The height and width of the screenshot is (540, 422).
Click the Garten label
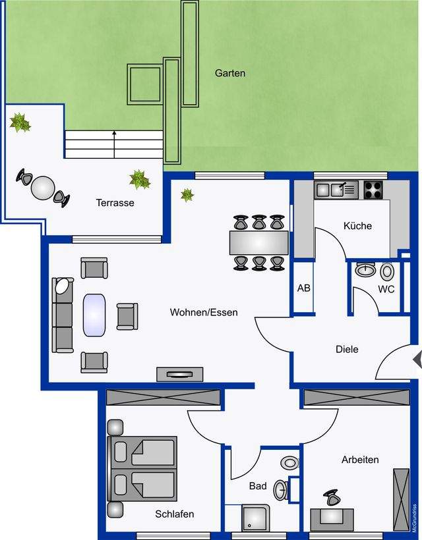[x=230, y=73]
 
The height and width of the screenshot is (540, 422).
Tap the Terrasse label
[x=115, y=203]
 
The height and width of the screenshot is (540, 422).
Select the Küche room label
[x=357, y=226]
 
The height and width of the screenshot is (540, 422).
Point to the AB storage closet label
[x=304, y=288]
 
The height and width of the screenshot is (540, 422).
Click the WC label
[x=386, y=289]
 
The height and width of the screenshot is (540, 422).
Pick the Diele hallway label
[x=347, y=349]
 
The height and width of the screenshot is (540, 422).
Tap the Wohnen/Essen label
[x=204, y=312]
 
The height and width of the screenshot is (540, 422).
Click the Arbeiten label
[x=360, y=460]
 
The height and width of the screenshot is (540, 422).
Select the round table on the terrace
[x=43, y=188]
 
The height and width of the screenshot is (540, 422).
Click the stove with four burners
[x=373, y=190]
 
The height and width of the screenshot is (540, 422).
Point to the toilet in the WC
[x=387, y=271]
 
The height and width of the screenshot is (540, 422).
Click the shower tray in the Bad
[x=255, y=518]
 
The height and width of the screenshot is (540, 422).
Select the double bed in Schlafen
[x=142, y=469]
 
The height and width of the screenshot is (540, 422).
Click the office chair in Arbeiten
[x=332, y=498]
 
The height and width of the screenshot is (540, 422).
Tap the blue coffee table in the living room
[x=94, y=315]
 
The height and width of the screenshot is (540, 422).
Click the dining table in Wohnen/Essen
[x=259, y=243]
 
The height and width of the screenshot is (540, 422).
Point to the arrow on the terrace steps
[x=114, y=144]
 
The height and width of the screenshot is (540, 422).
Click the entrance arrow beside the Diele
[x=417, y=359]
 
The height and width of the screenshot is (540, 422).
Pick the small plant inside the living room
[x=187, y=195]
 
